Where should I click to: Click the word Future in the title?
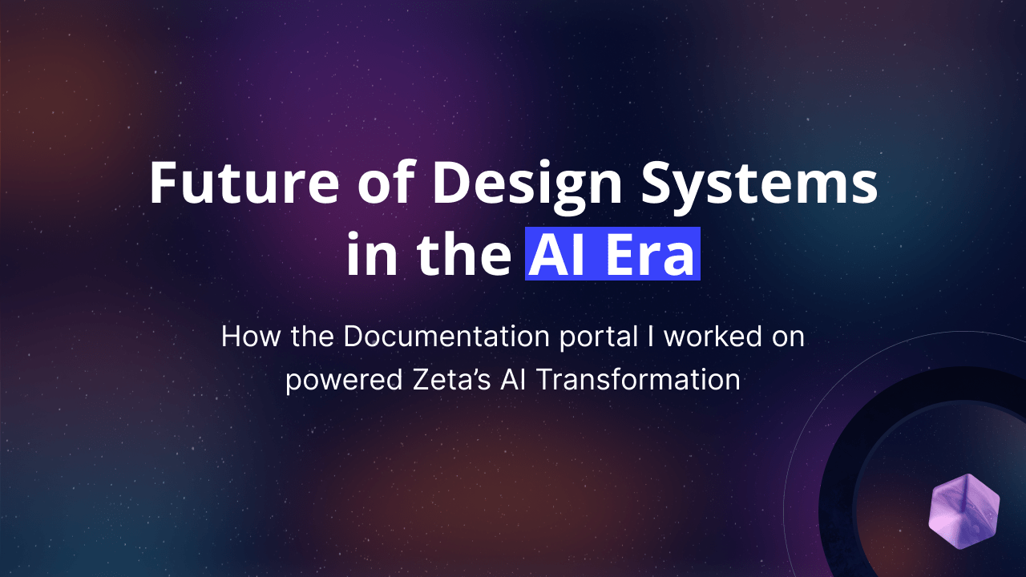coord(244,182)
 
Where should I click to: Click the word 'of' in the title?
coord(386,181)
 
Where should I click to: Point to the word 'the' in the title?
coord(463,252)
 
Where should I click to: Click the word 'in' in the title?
coord(372,253)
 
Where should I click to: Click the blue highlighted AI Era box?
coord(612,253)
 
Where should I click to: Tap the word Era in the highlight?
coord(651,254)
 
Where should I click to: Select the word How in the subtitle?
coord(251,337)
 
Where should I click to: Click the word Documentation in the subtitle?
coord(446,337)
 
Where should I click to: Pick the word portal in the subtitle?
coord(599,338)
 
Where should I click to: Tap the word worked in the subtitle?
coord(713,337)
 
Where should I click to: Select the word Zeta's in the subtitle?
coord(453,380)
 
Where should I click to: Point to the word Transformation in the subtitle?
coord(638,380)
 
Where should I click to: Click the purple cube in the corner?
coord(964,511)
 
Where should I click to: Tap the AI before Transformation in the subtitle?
coord(514,380)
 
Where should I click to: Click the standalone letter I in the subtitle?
coord(650,337)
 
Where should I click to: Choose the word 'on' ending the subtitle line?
coord(788,339)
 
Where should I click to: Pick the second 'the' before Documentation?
coord(313,337)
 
